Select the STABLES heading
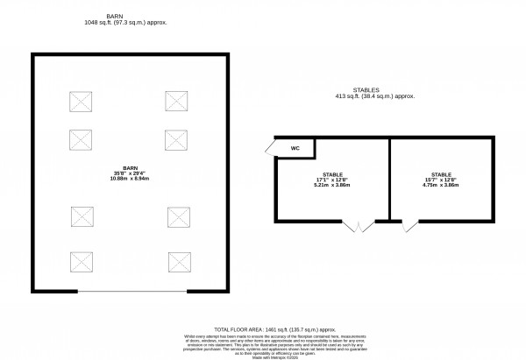tap(374, 88)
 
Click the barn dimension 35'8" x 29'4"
tap(131, 172)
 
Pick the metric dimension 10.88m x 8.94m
tap(131, 179)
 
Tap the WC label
tap(296, 148)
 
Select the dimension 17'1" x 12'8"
tap(332, 180)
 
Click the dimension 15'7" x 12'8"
tap(442, 180)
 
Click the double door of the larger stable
tap(358, 227)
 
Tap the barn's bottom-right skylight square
tap(180, 261)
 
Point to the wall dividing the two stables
tap(388, 180)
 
